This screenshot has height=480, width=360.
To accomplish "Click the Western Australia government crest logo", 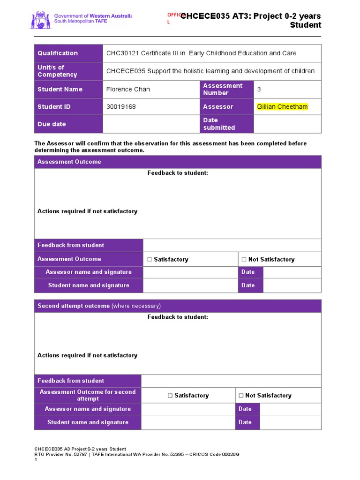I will (x=40, y=21).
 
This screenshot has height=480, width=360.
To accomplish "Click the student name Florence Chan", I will (x=128, y=89).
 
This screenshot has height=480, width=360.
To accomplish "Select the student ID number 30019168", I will (x=121, y=106).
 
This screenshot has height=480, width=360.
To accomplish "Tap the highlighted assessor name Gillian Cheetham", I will (x=282, y=106).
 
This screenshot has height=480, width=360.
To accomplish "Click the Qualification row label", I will (x=58, y=53).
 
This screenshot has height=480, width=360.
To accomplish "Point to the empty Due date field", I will (x=151, y=124).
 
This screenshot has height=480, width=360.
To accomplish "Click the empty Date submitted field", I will (x=287, y=124).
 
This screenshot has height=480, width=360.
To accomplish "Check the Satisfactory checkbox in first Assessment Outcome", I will (x=150, y=259).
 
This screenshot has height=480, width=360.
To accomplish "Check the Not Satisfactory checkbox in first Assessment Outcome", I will (x=244, y=259).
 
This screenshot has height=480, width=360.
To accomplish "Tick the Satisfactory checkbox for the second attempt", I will (x=171, y=396).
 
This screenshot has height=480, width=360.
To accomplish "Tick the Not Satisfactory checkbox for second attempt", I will (x=241, y=396).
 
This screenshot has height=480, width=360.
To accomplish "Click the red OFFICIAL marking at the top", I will (x=173, y=18).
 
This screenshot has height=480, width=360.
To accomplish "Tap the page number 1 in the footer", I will (x=36, y=460).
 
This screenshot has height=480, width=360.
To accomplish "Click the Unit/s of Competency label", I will (x=57, y=71).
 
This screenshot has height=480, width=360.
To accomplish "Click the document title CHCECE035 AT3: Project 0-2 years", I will (x=251, y=16).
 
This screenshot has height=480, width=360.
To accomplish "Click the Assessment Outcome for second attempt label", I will (x=88, y=395).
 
